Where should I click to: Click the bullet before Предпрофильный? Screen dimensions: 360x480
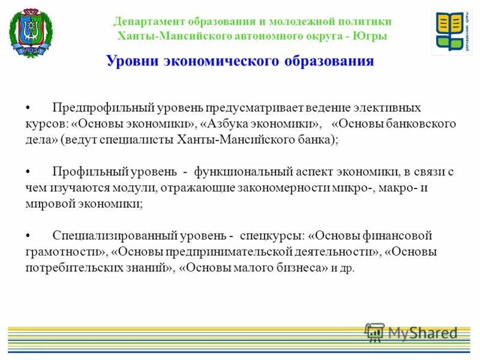pos(28,108)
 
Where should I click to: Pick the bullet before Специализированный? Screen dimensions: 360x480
pos(28,236)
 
